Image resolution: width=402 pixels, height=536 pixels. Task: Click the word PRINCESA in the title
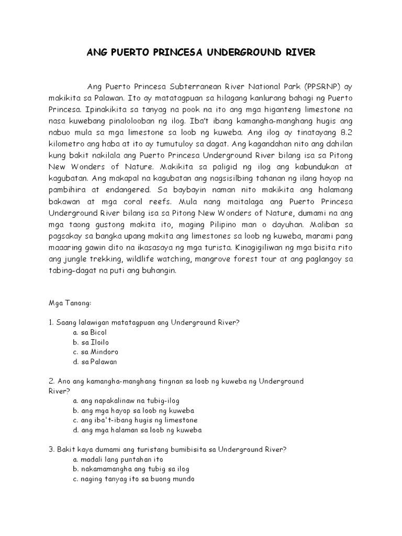pyautogui.click(x=177, y=53)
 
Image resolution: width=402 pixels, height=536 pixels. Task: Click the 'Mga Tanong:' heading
pyautogui.click(x=66, y=303)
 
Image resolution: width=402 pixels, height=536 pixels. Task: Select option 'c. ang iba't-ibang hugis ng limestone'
pyautogui.click(x=135, y=420)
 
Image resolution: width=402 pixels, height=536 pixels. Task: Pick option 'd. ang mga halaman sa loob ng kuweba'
pyautogui.click(x=138, y=430)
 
